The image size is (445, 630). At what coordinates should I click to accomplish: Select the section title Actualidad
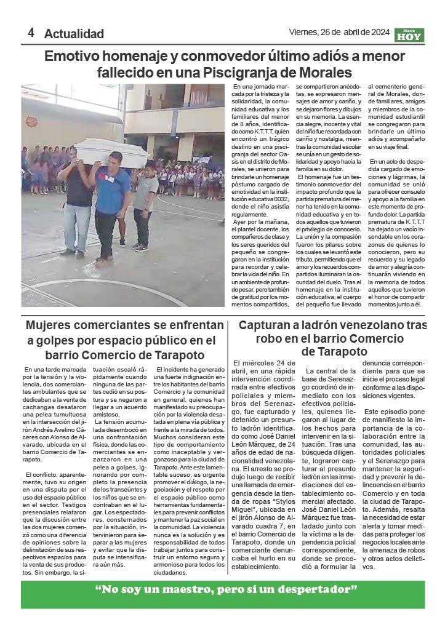tap(74, 34)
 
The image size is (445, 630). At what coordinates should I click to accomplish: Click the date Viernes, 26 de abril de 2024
tap(339, 33)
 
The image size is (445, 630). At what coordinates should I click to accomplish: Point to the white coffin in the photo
tap(111, 152)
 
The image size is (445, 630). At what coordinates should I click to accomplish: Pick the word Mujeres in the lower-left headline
tap(51, 325)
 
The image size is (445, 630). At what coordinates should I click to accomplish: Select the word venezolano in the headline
tap(375, 325)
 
